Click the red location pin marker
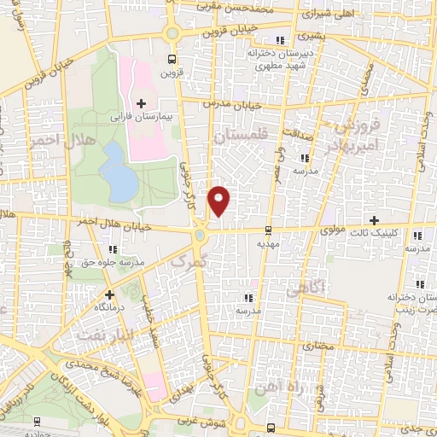coord(220,201)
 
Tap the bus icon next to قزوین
coord(172,60)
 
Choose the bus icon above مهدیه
coord(269,230)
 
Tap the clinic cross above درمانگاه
coord(109,294)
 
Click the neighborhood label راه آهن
coord(277,386)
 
